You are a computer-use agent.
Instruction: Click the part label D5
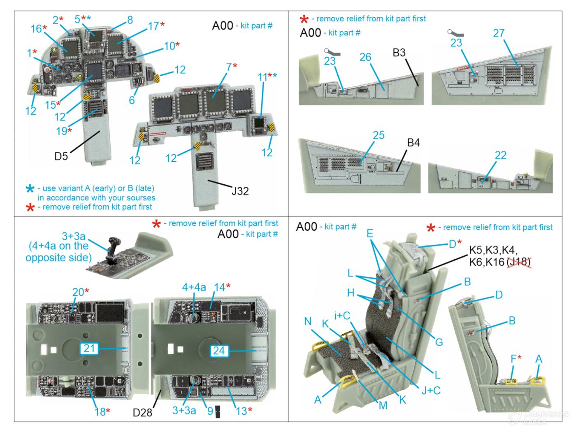click(61, 156)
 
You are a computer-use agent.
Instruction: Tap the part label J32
click(240, 191)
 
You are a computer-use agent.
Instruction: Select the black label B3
click(399, 53)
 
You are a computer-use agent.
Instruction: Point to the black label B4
click(413, 143)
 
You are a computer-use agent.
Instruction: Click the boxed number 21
click(89, 348)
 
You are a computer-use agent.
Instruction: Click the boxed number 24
click(219, 351)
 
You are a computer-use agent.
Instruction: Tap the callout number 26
click(365, 57)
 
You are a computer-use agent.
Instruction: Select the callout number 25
click(379, 135)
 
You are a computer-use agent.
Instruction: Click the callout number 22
click(500, 155)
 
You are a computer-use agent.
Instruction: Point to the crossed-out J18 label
click(519, 261)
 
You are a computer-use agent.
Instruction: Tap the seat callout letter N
click(308, 321)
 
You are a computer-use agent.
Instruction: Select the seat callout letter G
click(439, 341)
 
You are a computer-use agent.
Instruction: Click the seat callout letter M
click(383, 405)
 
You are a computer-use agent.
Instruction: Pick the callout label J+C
click(431, 390)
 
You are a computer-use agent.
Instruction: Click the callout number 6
click(132, 100)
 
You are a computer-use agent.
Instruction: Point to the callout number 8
click(130, 20)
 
